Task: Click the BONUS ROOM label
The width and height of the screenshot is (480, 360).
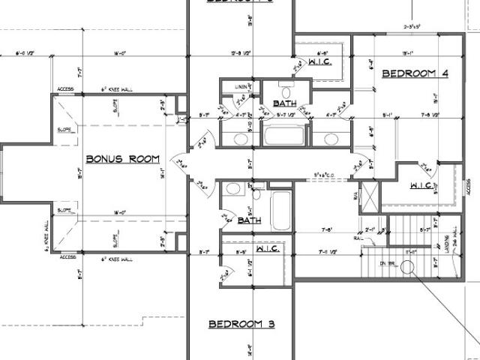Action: tap(124, 159)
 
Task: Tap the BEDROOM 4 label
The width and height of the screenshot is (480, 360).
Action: tap(415, 73)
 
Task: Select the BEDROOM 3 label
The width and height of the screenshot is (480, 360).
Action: tap(241, 324)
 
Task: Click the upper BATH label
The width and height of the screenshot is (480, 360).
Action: tap(284, 103)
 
